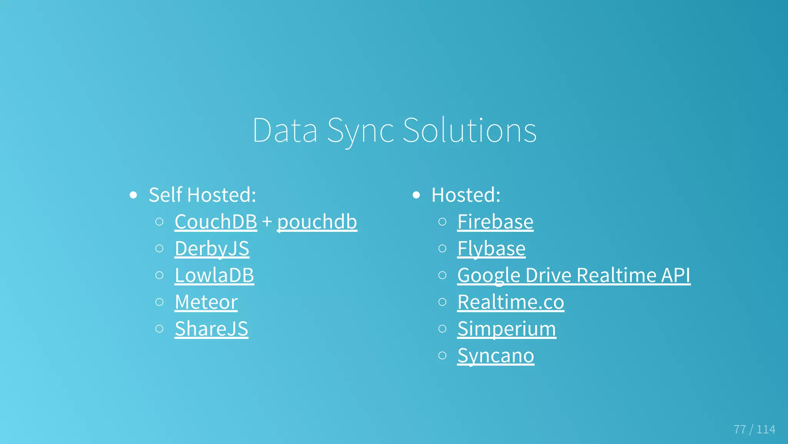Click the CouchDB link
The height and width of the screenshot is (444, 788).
215,222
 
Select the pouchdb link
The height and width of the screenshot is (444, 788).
317,222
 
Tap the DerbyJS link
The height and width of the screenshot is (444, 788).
212,248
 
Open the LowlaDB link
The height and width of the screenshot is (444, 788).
214,275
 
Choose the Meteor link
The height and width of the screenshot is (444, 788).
206,302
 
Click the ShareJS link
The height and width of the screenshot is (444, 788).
211,329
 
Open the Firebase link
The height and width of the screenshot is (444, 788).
495,222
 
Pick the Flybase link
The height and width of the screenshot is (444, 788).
491,248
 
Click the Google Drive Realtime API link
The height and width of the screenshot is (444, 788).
574,275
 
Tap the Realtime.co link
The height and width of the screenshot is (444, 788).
511,302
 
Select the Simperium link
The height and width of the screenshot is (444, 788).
506,329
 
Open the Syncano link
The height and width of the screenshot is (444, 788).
496,355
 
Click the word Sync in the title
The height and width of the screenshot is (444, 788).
360,131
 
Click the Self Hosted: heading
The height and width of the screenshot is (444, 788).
202,195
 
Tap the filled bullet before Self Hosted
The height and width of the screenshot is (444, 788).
134,195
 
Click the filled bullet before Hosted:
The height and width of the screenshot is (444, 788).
416,195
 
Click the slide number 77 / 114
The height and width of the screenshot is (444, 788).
754,429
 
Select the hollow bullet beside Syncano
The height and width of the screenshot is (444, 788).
442,355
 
